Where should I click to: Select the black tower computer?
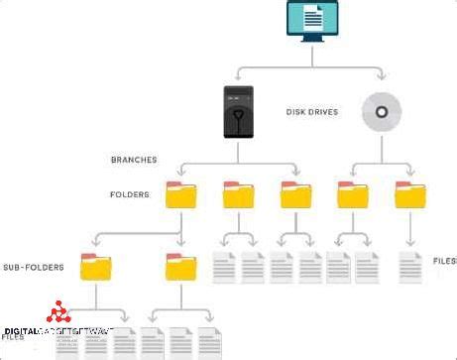tap(238, 111)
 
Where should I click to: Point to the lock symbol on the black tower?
tap(238, 125)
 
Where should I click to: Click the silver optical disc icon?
tap(381, 112)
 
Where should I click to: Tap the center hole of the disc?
tap(381, 112)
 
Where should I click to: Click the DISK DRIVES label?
tap(311, 112)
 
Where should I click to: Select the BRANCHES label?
tap(134, 159)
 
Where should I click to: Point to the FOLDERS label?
tap(130, 195)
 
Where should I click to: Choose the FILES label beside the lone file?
tap(443, 261)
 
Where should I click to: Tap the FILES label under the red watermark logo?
tap(13, 337)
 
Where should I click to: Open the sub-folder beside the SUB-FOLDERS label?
tap(95, 267)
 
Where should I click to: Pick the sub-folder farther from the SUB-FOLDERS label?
tap(180, 267)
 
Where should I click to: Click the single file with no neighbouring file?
tap(409, 266)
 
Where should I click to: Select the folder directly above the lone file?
tap(409, 194)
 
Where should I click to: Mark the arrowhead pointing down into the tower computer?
tap(238, 81)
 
